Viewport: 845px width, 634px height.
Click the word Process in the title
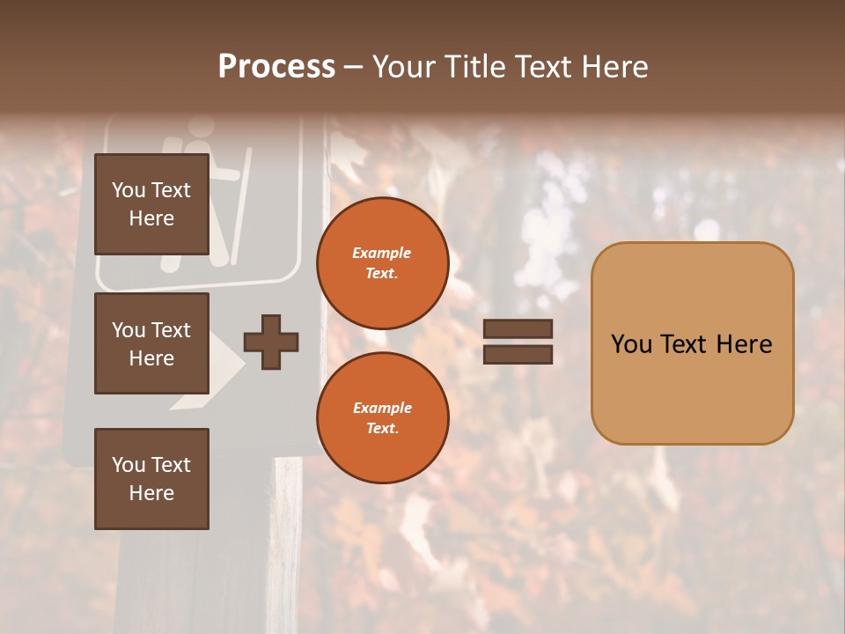pos(276,67)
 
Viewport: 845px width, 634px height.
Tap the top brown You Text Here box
pos(151,204)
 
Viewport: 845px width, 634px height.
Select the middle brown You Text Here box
pos(151,343)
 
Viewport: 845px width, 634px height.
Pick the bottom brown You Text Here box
pos(151,479)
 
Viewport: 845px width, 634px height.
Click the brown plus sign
pos(271,342)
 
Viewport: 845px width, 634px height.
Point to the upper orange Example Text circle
pos(382,263)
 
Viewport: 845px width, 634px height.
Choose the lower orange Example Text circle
pos(382,417)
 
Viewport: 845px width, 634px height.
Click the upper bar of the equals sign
pos(518,328)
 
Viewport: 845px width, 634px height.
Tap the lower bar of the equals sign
pos(518,354)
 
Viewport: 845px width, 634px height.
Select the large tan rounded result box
pos(692,343)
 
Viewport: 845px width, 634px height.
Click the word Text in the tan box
pos(691,344)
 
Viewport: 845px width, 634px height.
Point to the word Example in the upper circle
pos(381,254)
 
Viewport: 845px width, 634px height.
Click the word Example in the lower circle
pos(382,408)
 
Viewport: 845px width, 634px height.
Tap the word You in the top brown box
pos(128,190)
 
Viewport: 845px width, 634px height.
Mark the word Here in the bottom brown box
pos(151,493)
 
